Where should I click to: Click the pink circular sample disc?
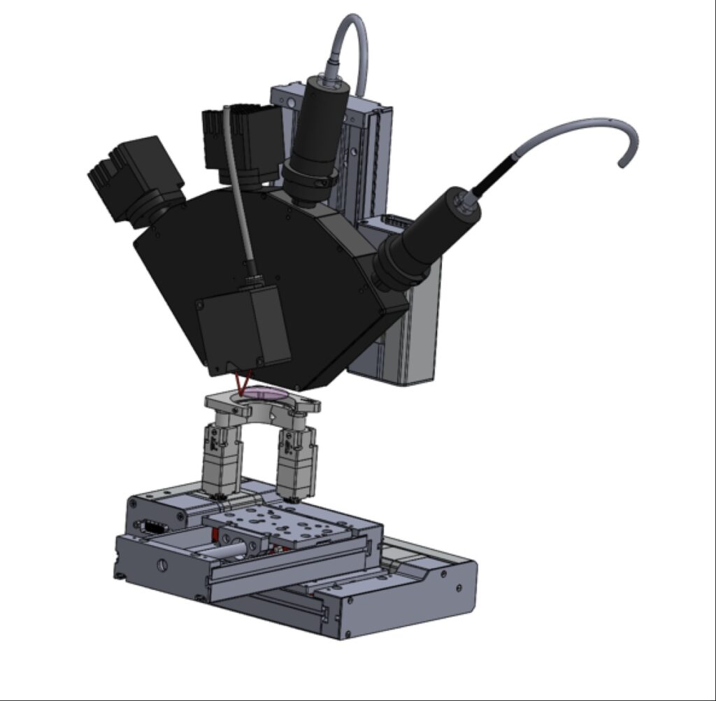(x=264, y=393)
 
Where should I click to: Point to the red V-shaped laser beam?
(x=243, y=383)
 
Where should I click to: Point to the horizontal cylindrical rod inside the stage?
(x=224, y=551)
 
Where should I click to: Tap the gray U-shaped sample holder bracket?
(x=262, y=409)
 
